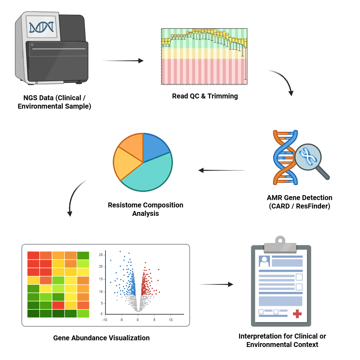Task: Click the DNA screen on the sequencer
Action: tap(41, 27)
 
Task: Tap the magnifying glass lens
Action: tap(308, 157)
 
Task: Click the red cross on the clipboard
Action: tap(297, 314)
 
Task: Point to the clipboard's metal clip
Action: tap(280, 245)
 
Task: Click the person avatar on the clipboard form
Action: tap(264, 261)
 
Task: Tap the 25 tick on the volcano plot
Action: tap(101, 255)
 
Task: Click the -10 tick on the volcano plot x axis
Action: tap(105, 320)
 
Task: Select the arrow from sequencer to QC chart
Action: tap(123, 61)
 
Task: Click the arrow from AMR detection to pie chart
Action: tap(221, 171)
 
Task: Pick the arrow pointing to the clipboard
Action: tap(216, 284)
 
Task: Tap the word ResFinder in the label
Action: tap(313, 206)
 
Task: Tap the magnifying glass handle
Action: tap(323, 173)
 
